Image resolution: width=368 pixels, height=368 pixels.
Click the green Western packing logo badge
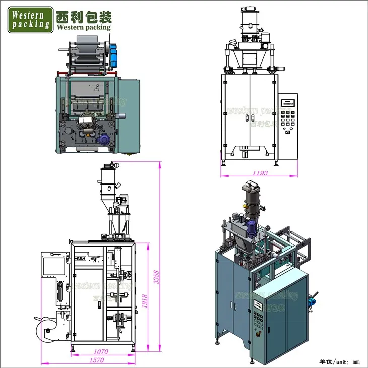point(30,18)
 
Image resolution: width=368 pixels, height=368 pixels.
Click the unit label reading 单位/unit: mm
point(340,361)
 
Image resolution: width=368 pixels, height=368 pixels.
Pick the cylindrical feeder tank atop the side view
point(107,185)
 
